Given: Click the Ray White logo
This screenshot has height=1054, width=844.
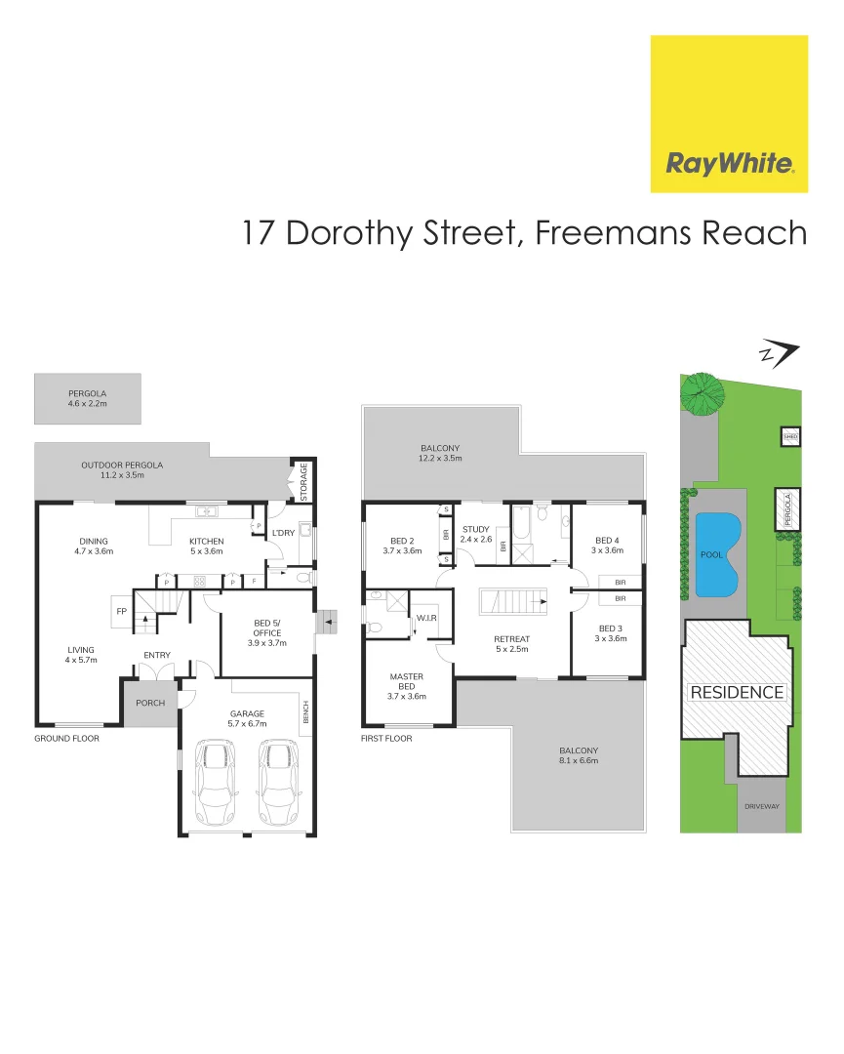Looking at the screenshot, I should pyautogui.click(x=729, y=114).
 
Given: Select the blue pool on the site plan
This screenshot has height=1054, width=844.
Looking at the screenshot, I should pyautogui.click(x=716, y=556).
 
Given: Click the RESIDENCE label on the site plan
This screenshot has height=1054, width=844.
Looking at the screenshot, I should pyautogui.click(x=737, y=693).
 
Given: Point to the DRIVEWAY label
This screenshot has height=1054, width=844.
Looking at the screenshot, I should pyautogui.click(x=759, y=807).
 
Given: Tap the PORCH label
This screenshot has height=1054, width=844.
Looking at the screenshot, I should pyautogui.click(x=150, y=704).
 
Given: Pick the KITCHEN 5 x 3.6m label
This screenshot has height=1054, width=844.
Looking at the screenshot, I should pyautogui.click(x=207, y=547).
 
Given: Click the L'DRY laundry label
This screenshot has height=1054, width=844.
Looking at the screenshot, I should pyautogui.click(x=283, y=533).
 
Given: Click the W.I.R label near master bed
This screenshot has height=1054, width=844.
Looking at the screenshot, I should pyautogui.click(x=426, y=618).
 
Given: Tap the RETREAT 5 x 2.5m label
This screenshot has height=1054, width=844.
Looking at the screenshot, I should pyautogui.click(x=511, y=645).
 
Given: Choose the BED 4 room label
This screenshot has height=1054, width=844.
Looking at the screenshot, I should pyautogui.click(x=606, y=546).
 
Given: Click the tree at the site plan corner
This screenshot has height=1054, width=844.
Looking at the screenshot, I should pyautogui.click(x=702, y=393).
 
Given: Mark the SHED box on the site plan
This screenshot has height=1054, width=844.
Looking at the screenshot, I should pyautogui.click(x=790, y=437).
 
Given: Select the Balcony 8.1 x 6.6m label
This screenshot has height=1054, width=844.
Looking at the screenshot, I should pyautogui.click(x=579, y=754).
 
